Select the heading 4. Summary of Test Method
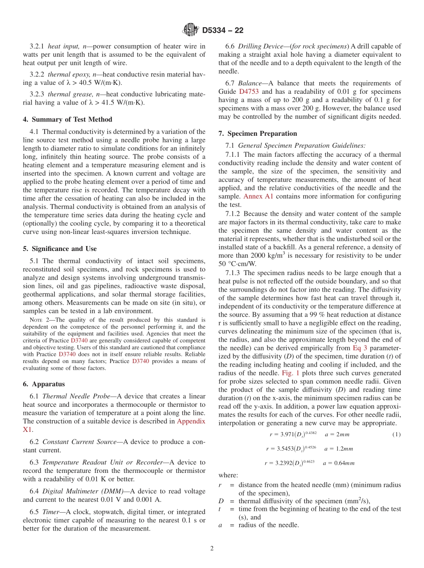click(x=67, y=119)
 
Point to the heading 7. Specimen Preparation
click(x=258, y=133)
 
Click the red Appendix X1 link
click(x=191, y=425)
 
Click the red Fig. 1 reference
click(x=290, y=372)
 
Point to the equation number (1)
click(x=396, y=434)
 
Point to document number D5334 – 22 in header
click(x=223, y=30)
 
